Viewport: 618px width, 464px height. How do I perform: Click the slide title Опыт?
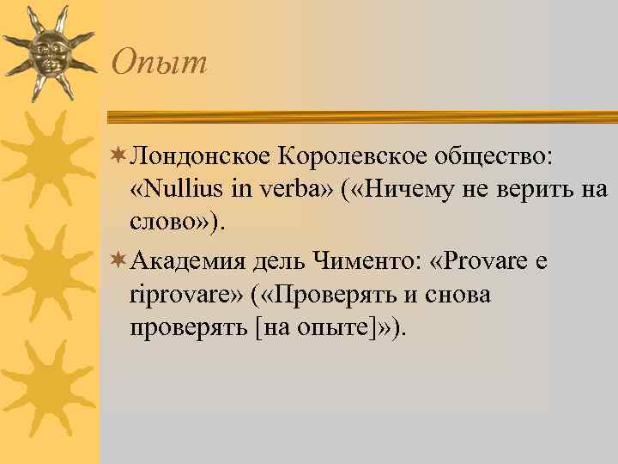tap(161, 62)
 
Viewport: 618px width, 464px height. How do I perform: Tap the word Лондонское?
tap(198, 157)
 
